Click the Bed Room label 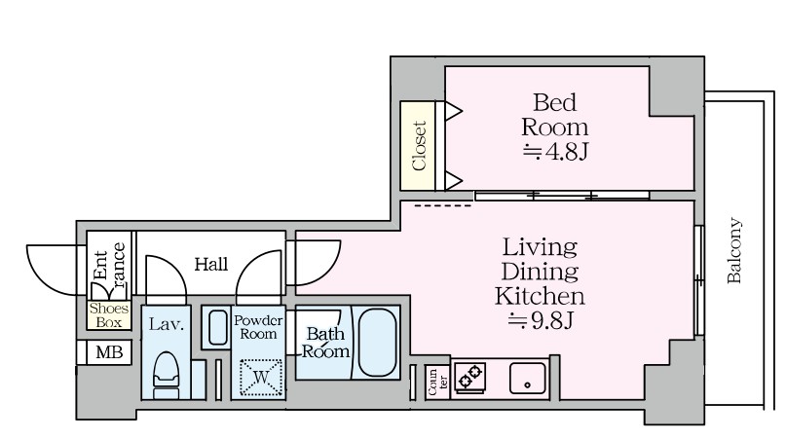pos(555,114)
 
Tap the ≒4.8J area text pos(555,151)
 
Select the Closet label pos(420,146)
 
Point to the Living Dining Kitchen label pos(540,270)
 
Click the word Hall pos(210,264)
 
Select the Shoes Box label pos(106,314)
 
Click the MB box pos(107,352)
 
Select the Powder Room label pos(258,327)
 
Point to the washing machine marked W pos(260,378)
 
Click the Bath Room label pos(324,343)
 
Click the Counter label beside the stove pos(435,383)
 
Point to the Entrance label pos(109,268)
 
